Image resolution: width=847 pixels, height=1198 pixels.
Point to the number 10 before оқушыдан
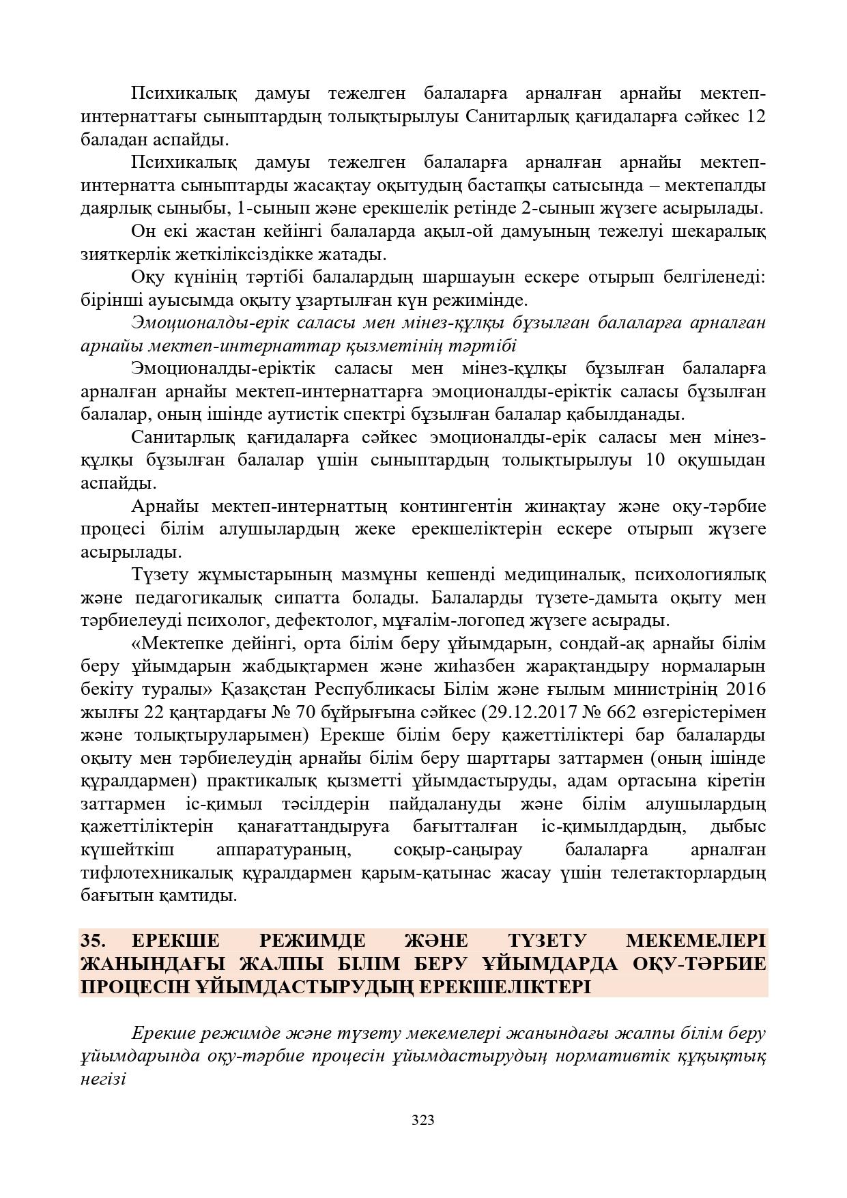click(654, 460)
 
